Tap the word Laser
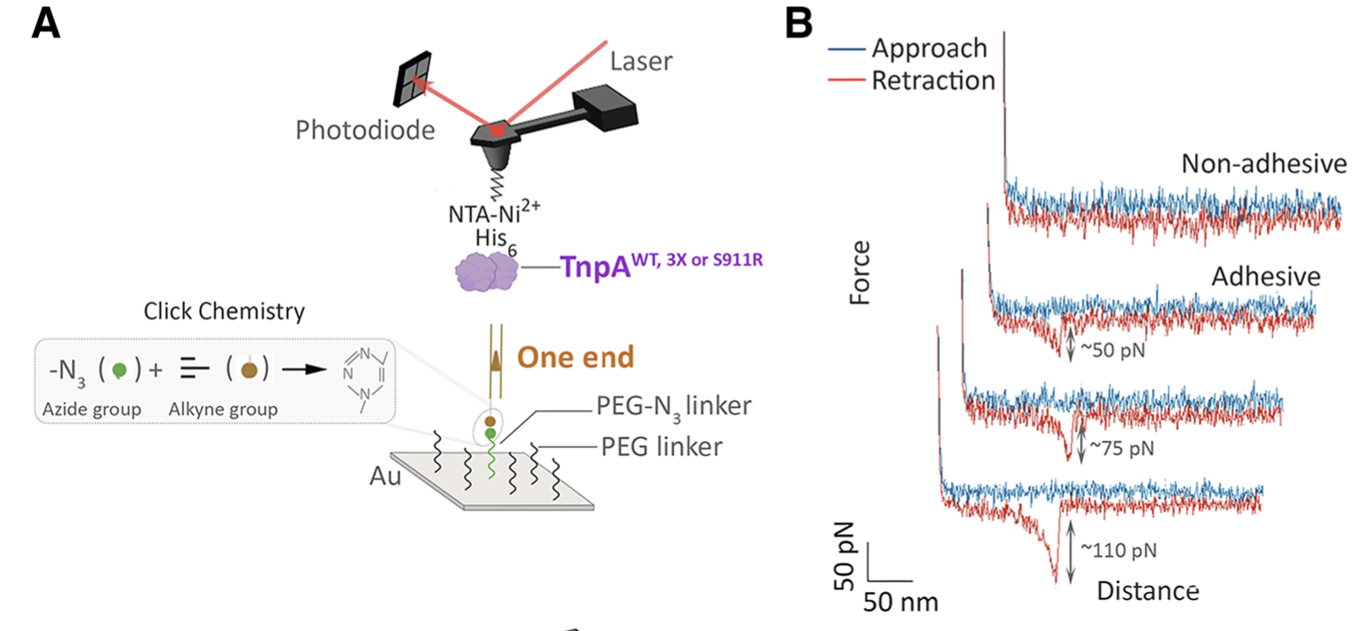641,61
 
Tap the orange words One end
576,357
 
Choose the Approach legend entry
929,48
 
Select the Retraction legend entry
932,80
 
